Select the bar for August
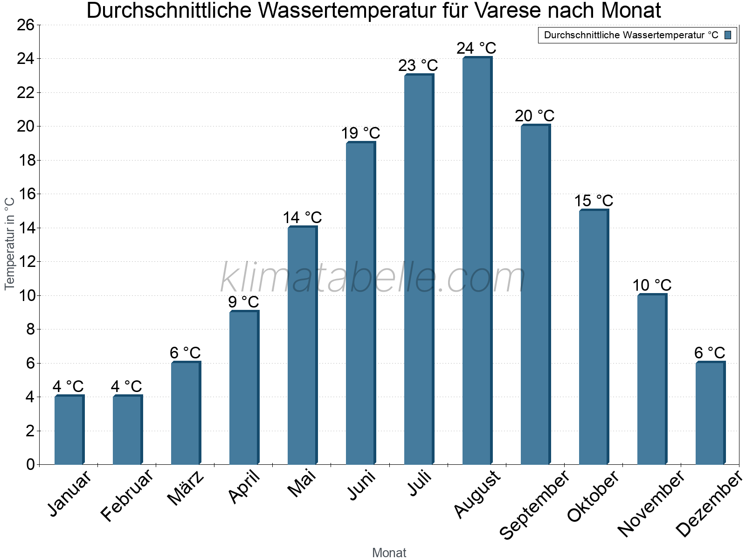(x=477, y=261)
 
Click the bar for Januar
(x=69, y=430)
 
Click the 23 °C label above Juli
(x=418, y=66)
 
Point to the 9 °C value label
(x=243, y=302)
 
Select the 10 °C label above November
(x=652, y=285)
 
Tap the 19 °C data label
(x=360, y=133)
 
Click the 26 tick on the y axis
(x=26, y=25)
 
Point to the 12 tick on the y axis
(x=26, y=262)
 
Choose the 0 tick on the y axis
(x=30, y=464)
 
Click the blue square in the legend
(x=728, y=35)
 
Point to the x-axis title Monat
(x=389, y=553)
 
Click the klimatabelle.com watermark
(x=373, y=278)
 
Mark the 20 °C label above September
(x=535, y=116)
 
